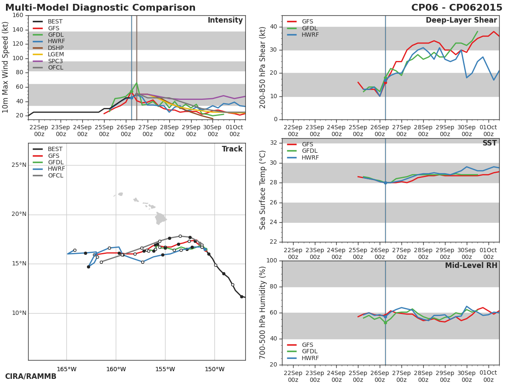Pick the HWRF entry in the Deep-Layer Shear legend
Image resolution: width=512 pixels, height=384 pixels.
310,35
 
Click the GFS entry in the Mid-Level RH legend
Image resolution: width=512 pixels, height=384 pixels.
307,345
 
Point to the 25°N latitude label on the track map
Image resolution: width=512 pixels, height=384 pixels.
19,165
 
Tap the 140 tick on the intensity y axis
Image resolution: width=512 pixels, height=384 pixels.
18,29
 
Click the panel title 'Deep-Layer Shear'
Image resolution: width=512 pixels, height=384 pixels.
461,20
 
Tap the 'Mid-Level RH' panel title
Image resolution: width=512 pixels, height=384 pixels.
471,266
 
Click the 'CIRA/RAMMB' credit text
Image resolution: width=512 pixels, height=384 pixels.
31,377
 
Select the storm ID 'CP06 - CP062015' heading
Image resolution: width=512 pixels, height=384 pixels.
457,8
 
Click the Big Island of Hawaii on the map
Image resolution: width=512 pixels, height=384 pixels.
160,219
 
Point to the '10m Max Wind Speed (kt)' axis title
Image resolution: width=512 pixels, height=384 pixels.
6,67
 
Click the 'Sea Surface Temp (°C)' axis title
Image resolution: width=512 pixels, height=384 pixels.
263,190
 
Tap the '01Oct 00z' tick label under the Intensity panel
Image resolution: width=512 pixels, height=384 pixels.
234,131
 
